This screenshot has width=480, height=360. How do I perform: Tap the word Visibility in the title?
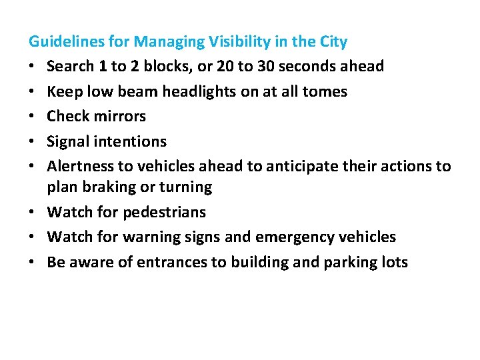click(x=235, y=42)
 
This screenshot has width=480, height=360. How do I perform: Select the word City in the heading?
click(x=333, y=42)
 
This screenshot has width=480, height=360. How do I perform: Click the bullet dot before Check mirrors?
click(x=32, y=117)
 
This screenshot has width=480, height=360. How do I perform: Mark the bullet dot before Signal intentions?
click(x=32, y=142)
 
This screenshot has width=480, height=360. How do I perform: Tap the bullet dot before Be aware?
click(x=32, y=263)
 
